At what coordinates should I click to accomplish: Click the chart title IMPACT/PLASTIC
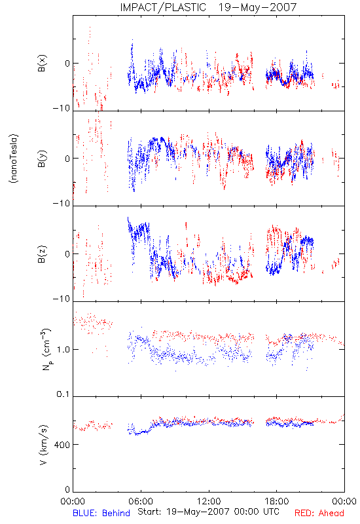click(163, 7)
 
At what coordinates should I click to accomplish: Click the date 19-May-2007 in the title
click(257, 7)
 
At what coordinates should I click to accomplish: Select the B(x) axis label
click(42, 63)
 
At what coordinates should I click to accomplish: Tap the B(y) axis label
click(42, 159)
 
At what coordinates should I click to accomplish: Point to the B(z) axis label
click(42, 254)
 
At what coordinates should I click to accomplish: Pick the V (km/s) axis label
click(43, 445)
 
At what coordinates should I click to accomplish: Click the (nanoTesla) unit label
click(14, 159)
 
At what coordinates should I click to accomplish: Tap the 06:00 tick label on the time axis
click(141, 501)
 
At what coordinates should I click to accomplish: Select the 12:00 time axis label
click(209, 501)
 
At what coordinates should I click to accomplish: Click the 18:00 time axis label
click(277, 501)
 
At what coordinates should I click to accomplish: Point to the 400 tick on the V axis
click(62, 445)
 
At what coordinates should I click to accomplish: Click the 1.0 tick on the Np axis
click(63, 350)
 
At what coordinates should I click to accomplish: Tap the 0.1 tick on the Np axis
click(63, 394)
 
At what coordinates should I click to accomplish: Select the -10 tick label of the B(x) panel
click(62, 108)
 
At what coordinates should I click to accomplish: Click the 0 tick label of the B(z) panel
click(67, 254)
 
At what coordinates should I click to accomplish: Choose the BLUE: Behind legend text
click(101, 514)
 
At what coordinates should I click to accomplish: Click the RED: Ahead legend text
click(319, 514)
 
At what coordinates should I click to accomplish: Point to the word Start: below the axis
click(149, 512)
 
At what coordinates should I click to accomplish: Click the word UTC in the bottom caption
click(270, 512)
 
